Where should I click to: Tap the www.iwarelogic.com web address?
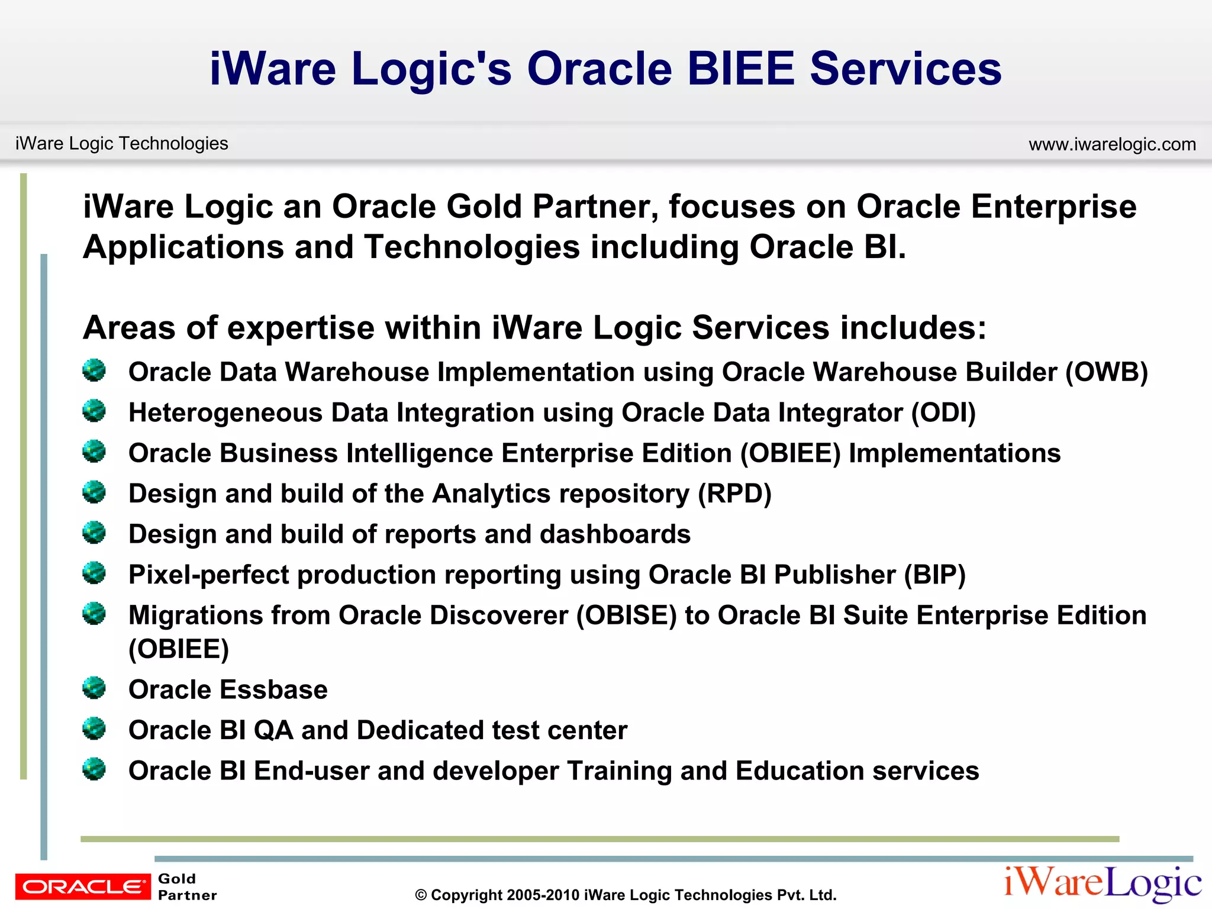[1112, 144]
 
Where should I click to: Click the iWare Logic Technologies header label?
[121, 143]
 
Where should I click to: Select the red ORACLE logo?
[83, 887]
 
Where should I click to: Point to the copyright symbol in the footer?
[421, 895]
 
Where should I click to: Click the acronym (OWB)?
[1106, 372]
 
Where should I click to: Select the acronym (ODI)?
[943, 412]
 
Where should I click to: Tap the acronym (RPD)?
[734, 494]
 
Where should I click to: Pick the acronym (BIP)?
[934, 575]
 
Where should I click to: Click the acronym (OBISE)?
[626, 615]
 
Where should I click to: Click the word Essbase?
[274, 690]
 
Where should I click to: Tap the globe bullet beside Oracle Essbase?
[94, 688]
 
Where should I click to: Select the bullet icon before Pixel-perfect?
[94, 573]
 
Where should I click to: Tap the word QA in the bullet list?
[273, 730]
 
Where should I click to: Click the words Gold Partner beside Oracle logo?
[187, 887]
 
